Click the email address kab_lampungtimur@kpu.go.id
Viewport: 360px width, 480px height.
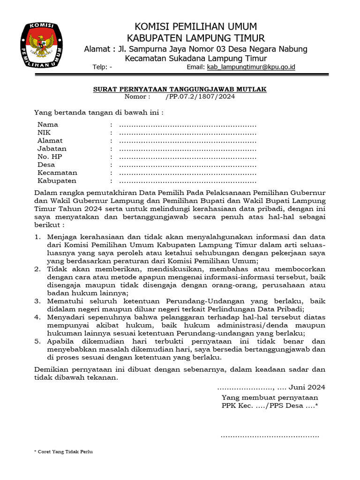click(251, 67)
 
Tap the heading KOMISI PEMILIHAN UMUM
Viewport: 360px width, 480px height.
click(195, 26)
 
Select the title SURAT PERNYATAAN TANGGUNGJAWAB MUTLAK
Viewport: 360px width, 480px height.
click(180, 89)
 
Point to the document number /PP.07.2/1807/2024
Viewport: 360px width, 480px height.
click(200, 97)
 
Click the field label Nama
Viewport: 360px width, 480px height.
click(48, 125)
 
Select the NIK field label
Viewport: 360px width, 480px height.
click(44, 133)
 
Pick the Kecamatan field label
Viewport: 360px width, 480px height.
click(57, 173)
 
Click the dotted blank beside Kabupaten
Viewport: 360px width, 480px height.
click(187, 181)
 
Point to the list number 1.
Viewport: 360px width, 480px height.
click(37, 237)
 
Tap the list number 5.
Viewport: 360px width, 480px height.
click(37, 341)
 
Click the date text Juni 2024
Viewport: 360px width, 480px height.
click(307, 387)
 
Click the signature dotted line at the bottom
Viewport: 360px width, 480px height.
click(270, 436)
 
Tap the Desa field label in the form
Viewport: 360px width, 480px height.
click(46, 165)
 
